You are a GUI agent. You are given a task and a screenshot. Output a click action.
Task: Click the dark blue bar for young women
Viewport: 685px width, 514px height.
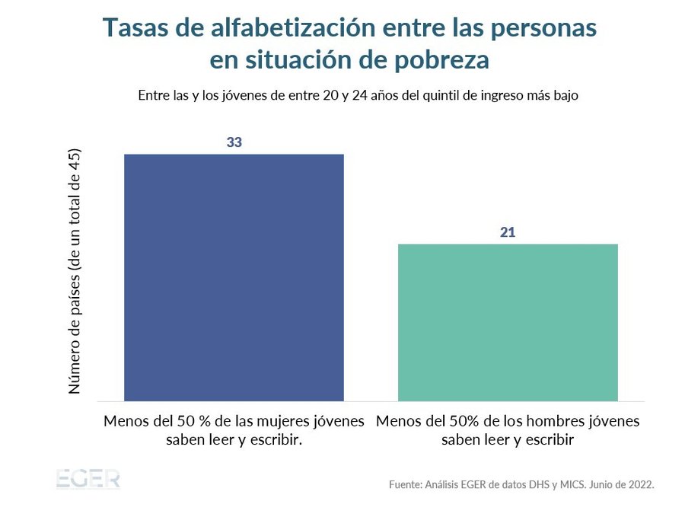(x=234, y=277)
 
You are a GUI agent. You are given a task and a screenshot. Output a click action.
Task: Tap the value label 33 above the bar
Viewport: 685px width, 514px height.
(x=234, y=142)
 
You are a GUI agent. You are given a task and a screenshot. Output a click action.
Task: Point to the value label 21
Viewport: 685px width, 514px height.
(x=508, y=232)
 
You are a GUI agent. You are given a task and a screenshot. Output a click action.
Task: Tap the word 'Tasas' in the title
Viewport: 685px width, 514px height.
(x=132, y=27)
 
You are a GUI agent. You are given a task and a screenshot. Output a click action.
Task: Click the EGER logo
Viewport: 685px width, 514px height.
(x=88, y=480)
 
